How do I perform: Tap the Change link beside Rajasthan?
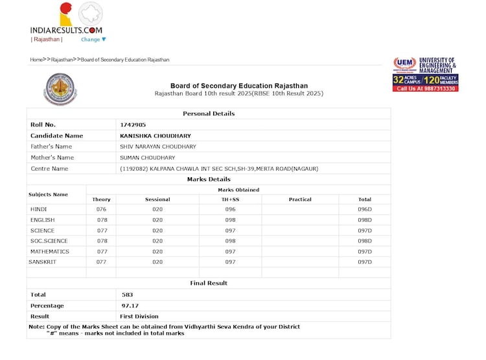[93, 40]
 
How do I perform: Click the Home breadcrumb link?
[36, 60]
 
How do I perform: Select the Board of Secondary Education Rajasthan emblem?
[60, 89]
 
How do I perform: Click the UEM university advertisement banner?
[425, 74]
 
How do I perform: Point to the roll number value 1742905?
[133, 125]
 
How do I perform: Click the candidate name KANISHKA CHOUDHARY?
[156, 136]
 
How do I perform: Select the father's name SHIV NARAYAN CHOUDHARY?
[158, 147]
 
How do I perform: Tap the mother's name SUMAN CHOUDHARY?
[148, 158]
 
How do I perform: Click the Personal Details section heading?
[209, 114]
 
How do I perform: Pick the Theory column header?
[101, 199]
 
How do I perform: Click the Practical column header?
[300, 199]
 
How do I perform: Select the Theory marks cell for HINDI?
[101, 210]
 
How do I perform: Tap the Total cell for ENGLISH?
[365, 220]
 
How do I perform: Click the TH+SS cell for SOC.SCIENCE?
[230, 241]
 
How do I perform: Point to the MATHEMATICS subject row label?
[49, 251]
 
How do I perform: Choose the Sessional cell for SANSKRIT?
[157, 261]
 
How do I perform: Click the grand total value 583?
[128, 294]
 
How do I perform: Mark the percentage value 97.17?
[130, 306]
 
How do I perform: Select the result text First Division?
[139, 317]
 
